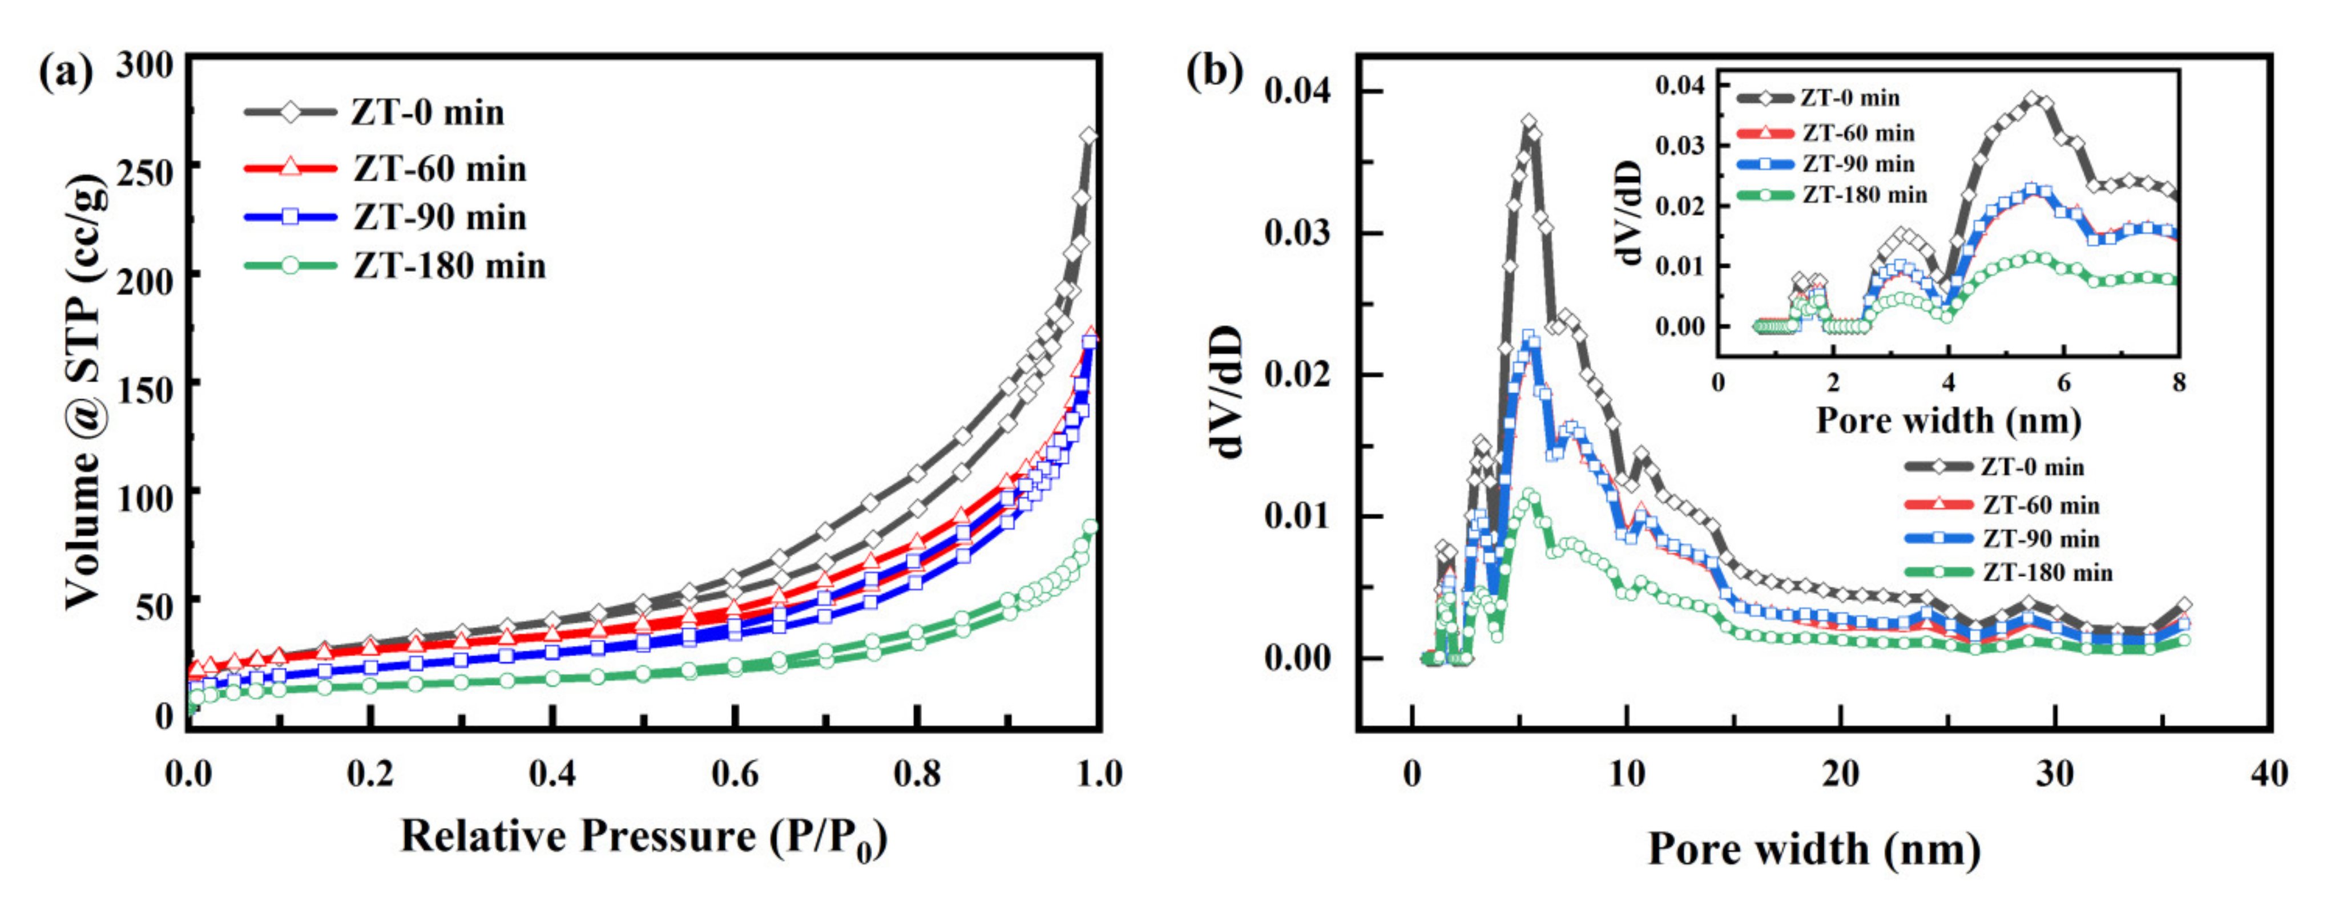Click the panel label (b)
point(1214,70)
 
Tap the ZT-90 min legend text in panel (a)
point(439,218)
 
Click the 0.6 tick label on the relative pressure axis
point(735,774)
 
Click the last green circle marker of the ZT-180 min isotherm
point(1090,527)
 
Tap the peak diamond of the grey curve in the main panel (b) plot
point(1529,122)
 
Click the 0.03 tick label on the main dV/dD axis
point(1297,233)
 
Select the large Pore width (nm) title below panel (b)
point(1814,849)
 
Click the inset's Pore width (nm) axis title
point(1949,421)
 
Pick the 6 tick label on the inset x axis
point(2064,383)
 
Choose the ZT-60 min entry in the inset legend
point(1858,134)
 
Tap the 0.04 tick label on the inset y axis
point(1679,86)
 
